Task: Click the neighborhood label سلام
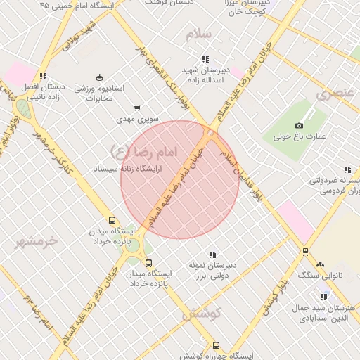[199, 34]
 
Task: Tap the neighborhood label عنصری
[333, 93]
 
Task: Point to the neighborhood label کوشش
[202, 315]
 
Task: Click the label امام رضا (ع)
[144, 150]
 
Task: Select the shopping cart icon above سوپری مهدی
[136, 108]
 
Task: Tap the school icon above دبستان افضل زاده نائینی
[43, 76]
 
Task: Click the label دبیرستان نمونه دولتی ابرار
[212, 271]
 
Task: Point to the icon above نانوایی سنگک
[320, 264]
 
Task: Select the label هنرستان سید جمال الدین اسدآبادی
[328, 314]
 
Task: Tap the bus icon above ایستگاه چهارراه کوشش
[216, 346]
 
